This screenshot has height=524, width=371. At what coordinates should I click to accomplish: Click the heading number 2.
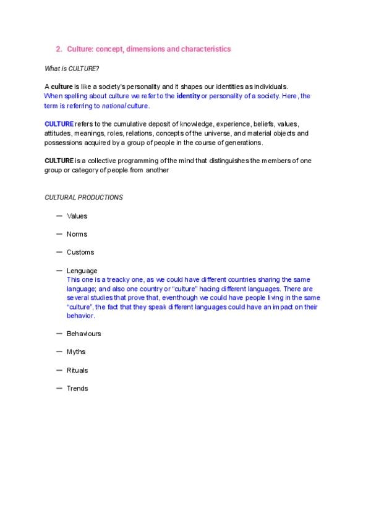58,49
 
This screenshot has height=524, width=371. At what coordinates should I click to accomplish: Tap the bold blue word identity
188,96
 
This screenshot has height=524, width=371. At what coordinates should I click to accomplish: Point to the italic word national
114,106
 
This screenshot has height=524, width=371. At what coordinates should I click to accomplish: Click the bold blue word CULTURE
59,124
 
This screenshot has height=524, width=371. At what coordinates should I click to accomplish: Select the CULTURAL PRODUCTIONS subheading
83,198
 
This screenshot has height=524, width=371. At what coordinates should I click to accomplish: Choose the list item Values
77,216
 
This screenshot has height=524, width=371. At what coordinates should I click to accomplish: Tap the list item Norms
77,234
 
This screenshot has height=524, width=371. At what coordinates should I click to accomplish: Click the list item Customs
80,252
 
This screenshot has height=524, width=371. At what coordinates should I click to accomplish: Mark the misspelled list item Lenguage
82,271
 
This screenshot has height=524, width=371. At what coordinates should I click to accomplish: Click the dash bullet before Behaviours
59,333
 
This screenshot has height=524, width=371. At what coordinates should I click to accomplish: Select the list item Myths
76,352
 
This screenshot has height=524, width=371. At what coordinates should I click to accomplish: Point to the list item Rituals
77,370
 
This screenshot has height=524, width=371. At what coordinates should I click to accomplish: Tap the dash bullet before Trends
59,388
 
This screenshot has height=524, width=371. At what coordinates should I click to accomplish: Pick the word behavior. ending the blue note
80,315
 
